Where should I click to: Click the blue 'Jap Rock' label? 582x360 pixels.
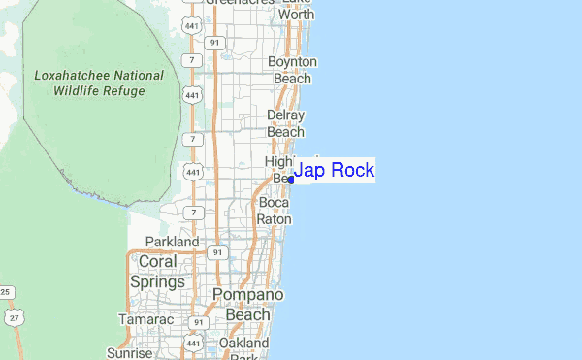(334, 171)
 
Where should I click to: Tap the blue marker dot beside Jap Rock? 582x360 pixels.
(291, 180)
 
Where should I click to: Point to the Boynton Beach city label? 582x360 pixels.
(292, 70)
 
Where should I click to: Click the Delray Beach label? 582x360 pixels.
(285, 123)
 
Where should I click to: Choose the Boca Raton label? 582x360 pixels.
(274, 211)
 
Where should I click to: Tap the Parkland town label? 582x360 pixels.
(172, 242)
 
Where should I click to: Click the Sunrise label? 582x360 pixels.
(130, 354)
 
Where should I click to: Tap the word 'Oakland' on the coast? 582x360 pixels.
(243, 343)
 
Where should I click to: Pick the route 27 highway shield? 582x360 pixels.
(13, 317)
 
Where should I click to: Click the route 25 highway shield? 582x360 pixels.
(5, 292)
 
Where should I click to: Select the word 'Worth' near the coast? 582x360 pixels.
(296, 16)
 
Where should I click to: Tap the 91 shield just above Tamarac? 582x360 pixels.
(198, 322)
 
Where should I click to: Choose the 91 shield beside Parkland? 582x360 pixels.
(217, 252)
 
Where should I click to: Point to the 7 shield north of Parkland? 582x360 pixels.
(194, 212)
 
